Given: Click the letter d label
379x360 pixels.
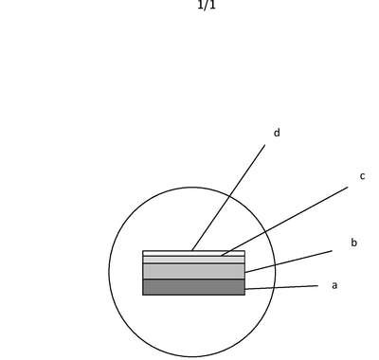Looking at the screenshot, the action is click(x=277, y=133).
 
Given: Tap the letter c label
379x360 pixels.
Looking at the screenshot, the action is click(x=362, y=176).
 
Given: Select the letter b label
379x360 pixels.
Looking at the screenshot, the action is click(x=353, y=243).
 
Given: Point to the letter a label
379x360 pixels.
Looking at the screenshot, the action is click(x=334, y=285).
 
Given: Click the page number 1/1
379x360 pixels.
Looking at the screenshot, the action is click(x=207, y=5).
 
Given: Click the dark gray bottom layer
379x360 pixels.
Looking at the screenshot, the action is click(x=193, y=287).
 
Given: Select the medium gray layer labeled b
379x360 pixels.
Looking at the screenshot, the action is click(x=193, y=271).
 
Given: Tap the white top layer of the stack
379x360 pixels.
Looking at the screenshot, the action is click(x=193, y=253).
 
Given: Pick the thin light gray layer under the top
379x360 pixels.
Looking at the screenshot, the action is click(x=193, y=260).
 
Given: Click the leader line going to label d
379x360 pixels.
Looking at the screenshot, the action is click(x=228, y=198).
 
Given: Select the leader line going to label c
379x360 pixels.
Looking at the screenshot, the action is click(x=284, y=222).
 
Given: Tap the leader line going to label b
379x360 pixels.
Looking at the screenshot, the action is click(x=288, y=261).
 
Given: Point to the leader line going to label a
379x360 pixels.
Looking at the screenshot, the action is click(x=281, y=287).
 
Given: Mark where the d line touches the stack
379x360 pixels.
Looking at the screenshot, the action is click(x=192, y=251).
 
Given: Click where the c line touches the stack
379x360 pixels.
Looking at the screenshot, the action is click(x=221, y=256).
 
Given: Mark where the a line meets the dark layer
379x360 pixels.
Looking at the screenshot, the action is click(x=245, y=289).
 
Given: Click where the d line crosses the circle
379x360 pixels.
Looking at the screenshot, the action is click(x=229, y=196).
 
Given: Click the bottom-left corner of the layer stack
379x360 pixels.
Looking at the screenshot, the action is click(x=143, y=295).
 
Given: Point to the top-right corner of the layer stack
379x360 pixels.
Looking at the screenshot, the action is click(x=245, y=251).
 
